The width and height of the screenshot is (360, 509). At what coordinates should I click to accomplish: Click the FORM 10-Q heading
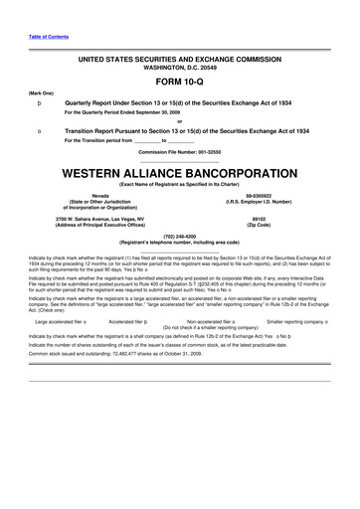coord(179,83)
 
